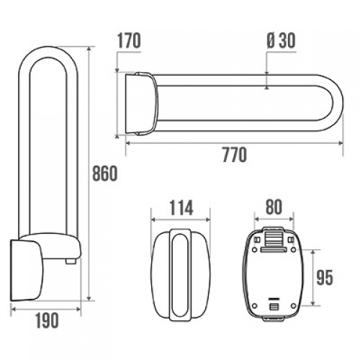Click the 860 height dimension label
coord(105,174)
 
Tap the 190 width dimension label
coord(47,320)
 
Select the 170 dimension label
coord(129,41)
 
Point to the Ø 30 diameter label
coord(281,40)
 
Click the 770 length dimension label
coord(235,155)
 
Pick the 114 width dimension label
coord(181,208)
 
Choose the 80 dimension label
coord(274,207)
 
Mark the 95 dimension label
coord(325,278)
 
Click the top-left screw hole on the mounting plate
coord(255,250)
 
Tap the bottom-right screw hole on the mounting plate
coord(293,306)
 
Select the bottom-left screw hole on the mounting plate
coord(255,306)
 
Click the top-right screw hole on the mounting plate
coord(293,250)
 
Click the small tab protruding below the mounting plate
coord(274,318)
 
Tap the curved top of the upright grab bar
coord(48,51)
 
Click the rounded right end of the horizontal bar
coord(337,103)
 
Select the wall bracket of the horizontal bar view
coord(142,104)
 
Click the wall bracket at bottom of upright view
coord(27,271)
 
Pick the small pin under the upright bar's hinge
coord(71,261)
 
